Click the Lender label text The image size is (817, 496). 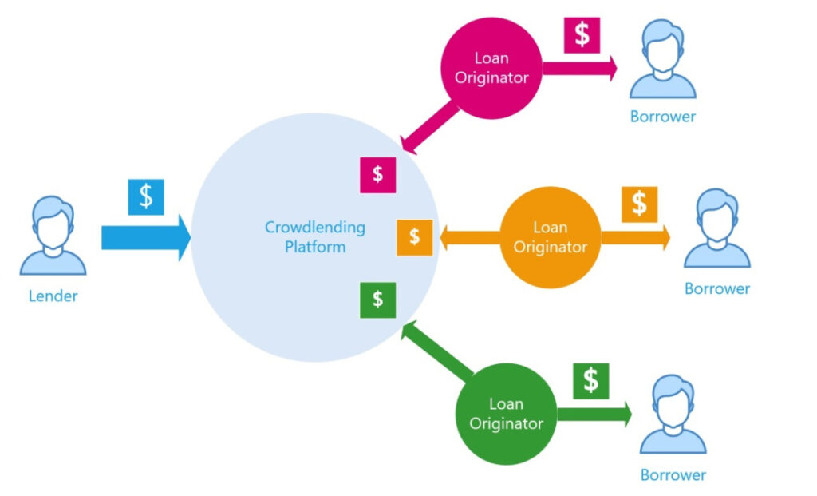pos(53,296)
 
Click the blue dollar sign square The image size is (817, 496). pos(146,196)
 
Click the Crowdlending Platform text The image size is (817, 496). pos(314,237)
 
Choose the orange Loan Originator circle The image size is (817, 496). pos(550,237)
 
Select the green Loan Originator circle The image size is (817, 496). pos(506,413)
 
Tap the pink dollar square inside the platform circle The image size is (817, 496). pos(377,174)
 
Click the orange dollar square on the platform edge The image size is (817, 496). pos(415,237)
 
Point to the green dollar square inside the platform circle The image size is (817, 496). pos(377,300)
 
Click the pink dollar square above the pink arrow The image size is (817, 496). pos(582,35)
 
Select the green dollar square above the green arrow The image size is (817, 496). pos(590,380)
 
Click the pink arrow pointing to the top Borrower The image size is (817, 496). pos(580,69)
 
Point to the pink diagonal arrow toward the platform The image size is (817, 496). pos(432,128)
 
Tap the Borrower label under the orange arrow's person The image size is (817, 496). pos(717,288)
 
